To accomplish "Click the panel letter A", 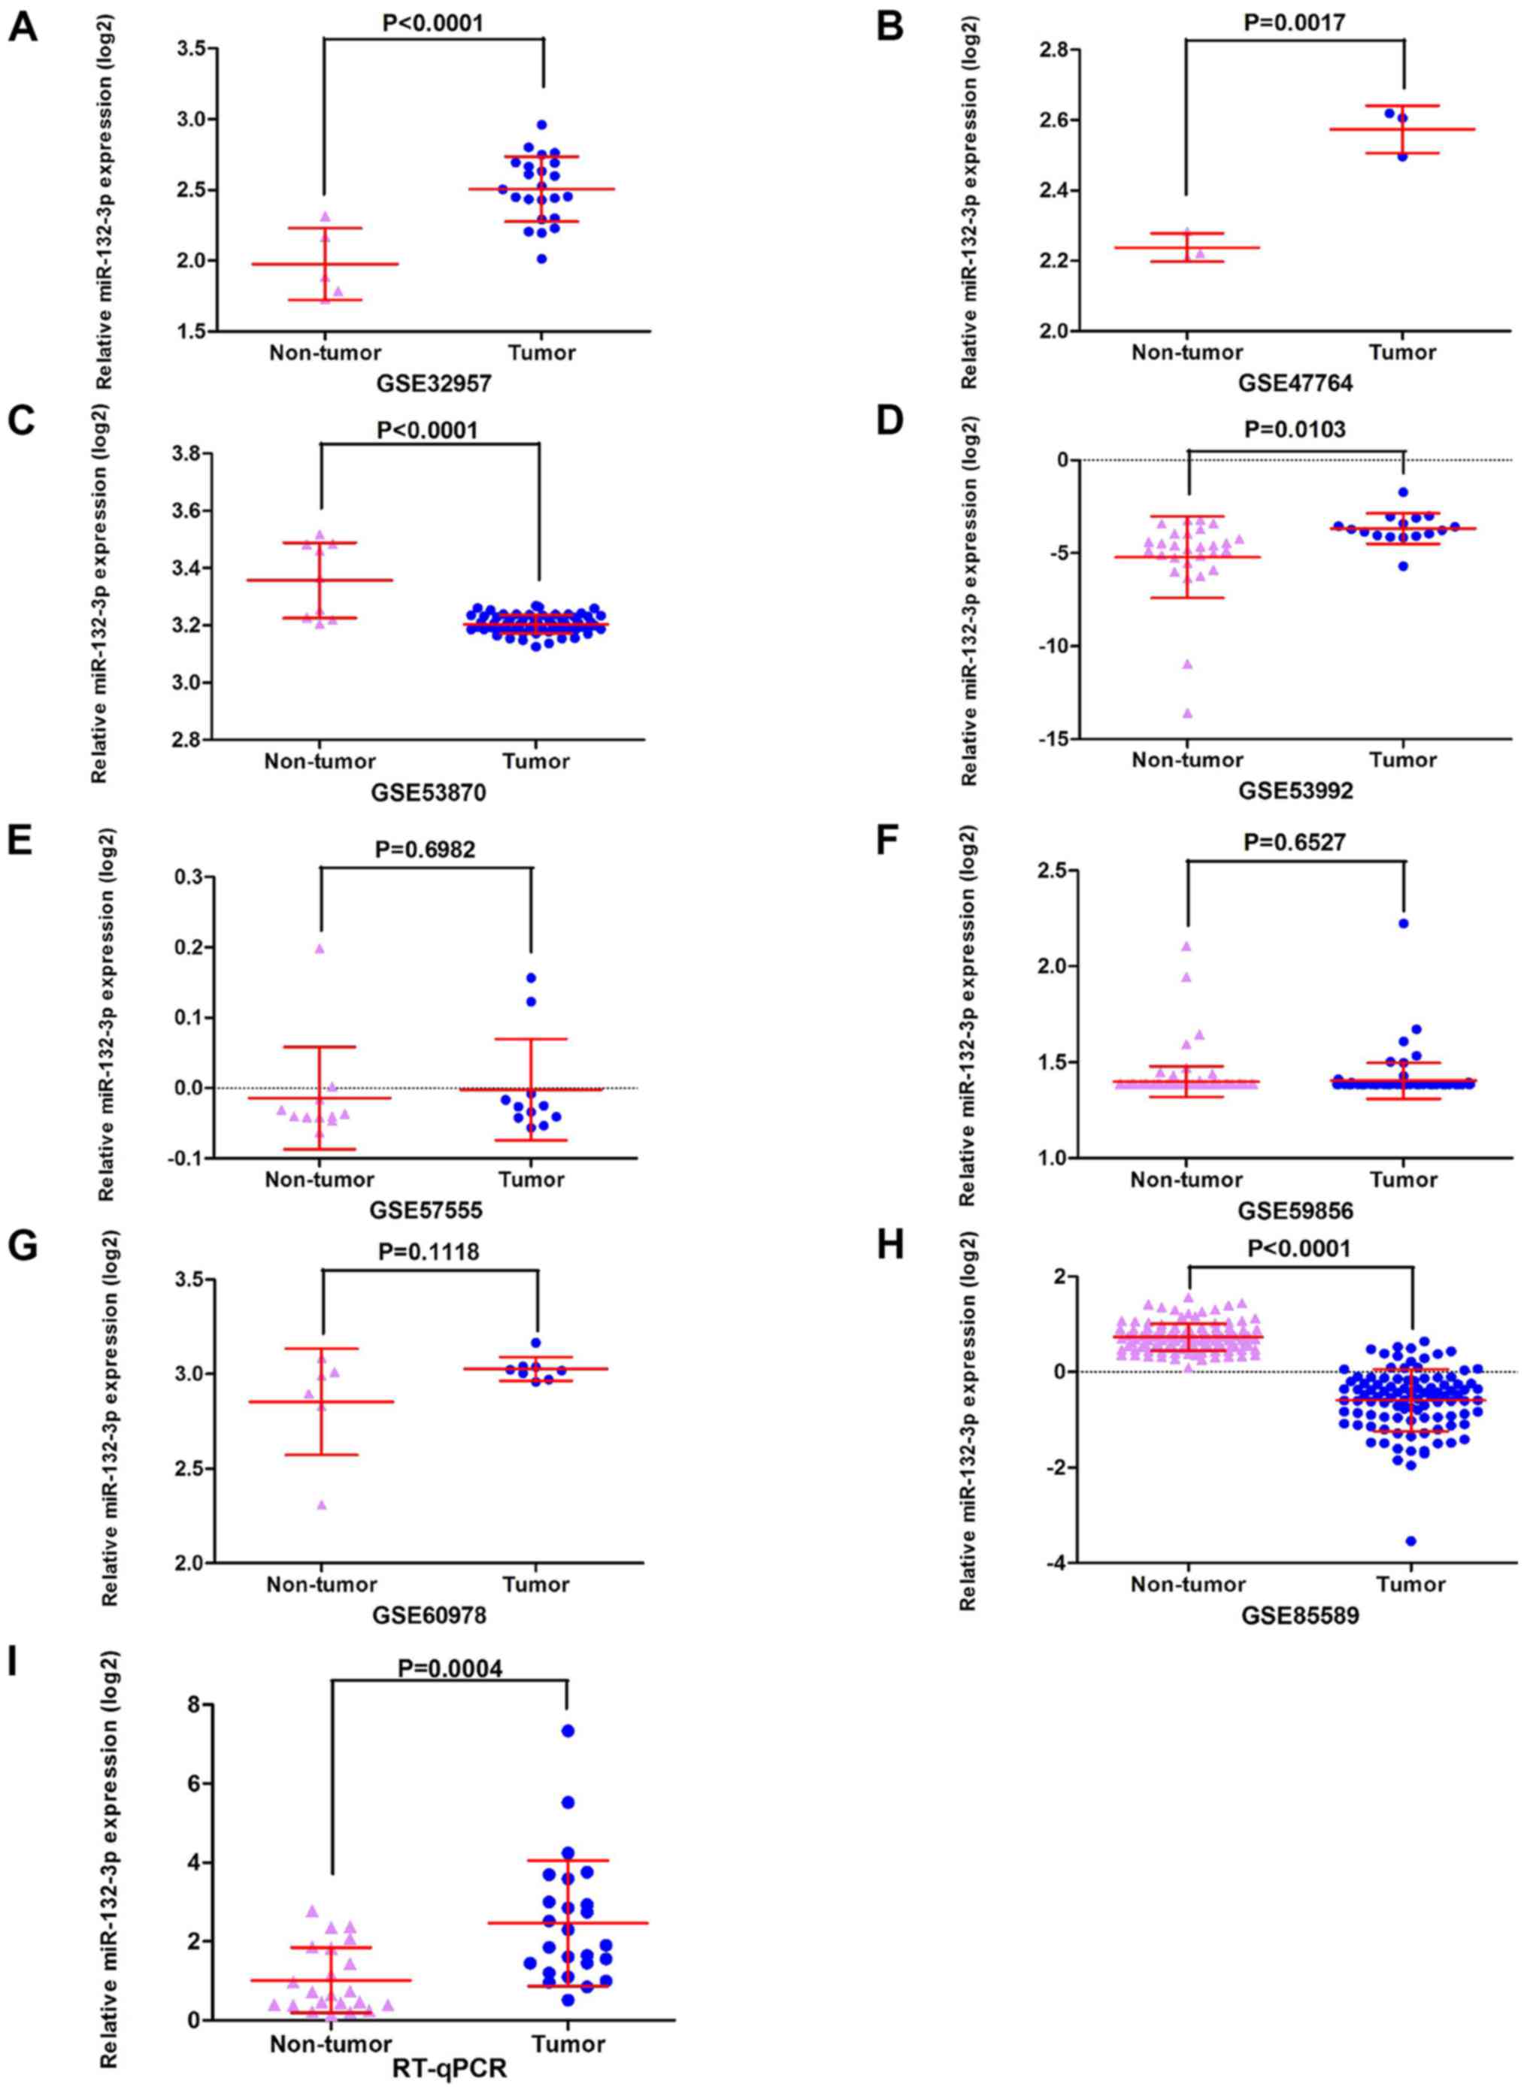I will coord(23,28).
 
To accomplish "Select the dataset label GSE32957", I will coord(432,383).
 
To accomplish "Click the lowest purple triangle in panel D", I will coord(1187,713).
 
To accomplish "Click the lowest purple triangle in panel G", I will coord(322,1504).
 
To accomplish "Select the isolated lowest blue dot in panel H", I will coord(1410,1540).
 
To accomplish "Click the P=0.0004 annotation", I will coord(450,1642).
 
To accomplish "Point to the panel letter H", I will coord(890,1246).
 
